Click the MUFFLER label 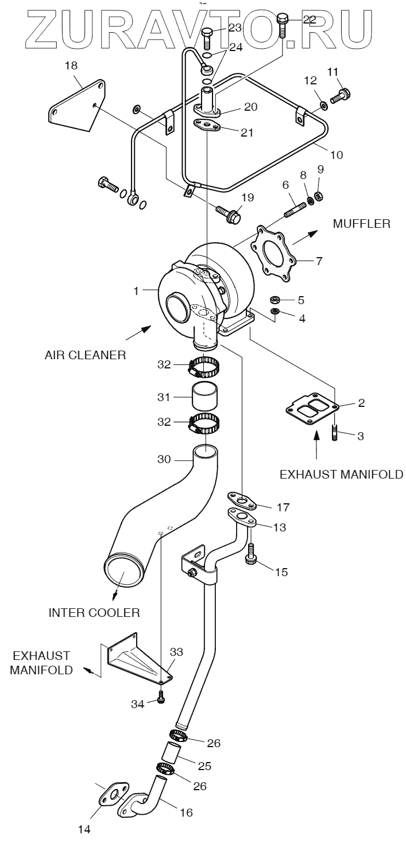tap(362, 224)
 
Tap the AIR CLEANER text tap(86, 355)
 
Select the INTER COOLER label tap(94, 612)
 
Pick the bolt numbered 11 tap(341, 95)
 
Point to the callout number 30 tap(164, 459)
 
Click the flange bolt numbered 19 tap(229, 213)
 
